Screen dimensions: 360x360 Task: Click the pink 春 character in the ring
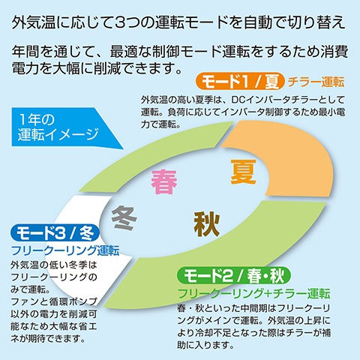164,181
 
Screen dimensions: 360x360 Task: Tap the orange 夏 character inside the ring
243,172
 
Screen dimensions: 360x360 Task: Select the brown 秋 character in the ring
207,224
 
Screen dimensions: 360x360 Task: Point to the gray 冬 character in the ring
124,217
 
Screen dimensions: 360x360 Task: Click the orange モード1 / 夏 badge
240,82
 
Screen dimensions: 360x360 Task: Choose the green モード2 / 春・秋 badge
234,276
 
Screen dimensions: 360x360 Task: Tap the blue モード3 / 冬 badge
55,233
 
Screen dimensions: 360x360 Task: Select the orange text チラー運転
316,82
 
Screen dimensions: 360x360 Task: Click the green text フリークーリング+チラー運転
253,293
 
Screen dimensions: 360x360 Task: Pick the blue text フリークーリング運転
65,250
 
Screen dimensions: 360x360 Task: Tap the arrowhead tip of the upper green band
233,122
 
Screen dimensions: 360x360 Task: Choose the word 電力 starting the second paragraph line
25,67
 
